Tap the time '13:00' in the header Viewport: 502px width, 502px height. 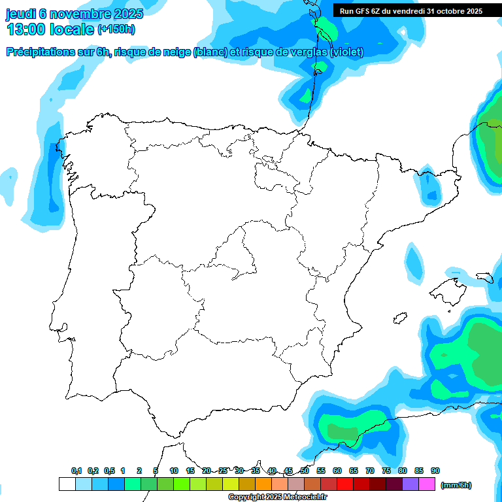click(x=25, y=29)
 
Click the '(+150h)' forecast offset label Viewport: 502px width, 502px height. click(x=116, y=29)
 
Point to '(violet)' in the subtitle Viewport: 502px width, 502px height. click(x=347, y=52)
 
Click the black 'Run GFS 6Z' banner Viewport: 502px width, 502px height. click(x=410, y=10)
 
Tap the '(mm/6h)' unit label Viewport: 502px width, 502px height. click(x=456, y=485)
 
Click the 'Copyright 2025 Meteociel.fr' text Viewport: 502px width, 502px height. click(x=277, y=497)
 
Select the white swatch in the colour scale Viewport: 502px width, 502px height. click(x=67, y=484)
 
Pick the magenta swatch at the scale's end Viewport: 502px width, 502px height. click(x=427, y=484)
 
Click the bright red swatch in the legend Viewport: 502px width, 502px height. click(x=345, y=484)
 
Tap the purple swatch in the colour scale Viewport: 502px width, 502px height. click(x=410, y=484)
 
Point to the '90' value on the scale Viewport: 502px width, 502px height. click(x=435, y=471)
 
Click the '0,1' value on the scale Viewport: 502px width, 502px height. click(x=76, y=471)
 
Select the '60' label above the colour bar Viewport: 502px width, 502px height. click(x=337, y=471)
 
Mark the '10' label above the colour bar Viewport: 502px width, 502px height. click(x=174, y=471)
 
